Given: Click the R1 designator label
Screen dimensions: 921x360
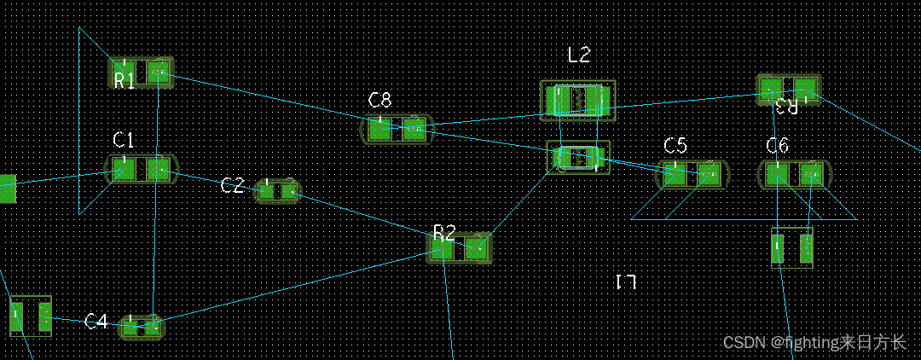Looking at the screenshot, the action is (125, 81).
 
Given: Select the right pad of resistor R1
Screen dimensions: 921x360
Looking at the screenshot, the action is (159, 73).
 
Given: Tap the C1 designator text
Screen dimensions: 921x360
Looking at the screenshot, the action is (124, 139).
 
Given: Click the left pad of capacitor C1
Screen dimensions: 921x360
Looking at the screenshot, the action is (125, 169).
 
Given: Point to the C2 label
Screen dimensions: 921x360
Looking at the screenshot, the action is (232, 186).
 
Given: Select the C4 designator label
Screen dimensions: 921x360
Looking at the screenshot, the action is (96, 322).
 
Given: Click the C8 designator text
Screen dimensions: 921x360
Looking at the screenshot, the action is (380, 101).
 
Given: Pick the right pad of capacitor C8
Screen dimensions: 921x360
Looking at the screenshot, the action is (414, 130).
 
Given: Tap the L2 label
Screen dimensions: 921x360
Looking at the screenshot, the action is (579, 55).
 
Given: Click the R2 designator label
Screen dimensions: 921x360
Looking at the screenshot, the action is (444, 232).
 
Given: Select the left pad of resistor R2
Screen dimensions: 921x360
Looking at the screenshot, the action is (442, 248).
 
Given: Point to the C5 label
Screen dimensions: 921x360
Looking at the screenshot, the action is (675, 146).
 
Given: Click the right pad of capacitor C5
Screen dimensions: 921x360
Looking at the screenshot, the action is (709, 175).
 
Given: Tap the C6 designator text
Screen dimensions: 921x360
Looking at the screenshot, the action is (777, 146).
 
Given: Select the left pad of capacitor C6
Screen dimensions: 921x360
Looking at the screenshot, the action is (777, 175).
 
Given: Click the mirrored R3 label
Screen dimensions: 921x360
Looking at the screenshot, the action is (786, 107).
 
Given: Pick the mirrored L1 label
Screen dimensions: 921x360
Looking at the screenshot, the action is (626, 282).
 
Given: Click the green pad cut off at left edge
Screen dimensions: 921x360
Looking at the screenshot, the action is (7, 189).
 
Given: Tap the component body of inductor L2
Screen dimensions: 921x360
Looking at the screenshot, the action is (577, 101).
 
